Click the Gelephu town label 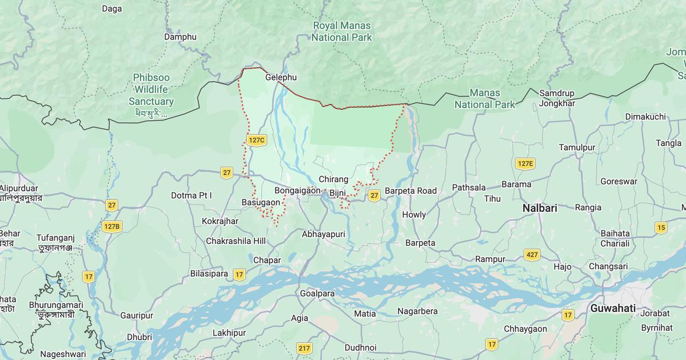[x=281, y=77]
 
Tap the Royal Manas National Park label [x=342, y=32]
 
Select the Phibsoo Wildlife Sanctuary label [x=151, y=90]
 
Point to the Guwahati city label [x=613, y=308]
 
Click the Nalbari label [x=539, y=209]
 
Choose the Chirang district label [x=333, y=179]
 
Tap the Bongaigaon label [x=297, y=190]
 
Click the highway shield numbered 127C [x=257, y=140]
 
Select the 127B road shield [x=112, y=226]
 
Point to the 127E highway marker [x=524, y=164]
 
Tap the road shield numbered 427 [x=532, y=255]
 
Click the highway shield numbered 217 [x=304, y=348]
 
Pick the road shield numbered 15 [x=661, y=227]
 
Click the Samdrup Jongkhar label [x=556, y=98]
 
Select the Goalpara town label [x=317, y=293]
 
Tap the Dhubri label [x=139, y=337]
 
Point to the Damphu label [x=180, y=37]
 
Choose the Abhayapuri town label [x=324, y=234]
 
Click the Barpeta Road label [x=410, y=191]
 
